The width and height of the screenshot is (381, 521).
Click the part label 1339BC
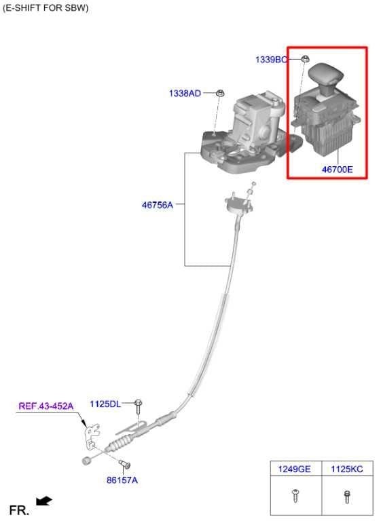tap(271, 60)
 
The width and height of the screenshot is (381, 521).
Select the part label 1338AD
tap(185, 93)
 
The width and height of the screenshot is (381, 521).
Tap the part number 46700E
tap(337, 170)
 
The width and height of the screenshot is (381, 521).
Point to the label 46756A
tap(158, 205)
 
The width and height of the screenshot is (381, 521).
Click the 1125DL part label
tap(105, 404)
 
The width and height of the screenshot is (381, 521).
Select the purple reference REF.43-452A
tap(46, 406)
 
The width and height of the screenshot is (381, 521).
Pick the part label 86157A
tap(122, 480)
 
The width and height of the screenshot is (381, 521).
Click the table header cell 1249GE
tap(294, 469)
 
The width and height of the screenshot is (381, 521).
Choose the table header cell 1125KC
tap(347, 469)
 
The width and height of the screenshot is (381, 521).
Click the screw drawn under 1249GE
tap(295, 496)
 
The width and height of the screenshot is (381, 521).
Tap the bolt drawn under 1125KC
tap(347, 497)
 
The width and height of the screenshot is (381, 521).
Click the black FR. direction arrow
tap(43, 501)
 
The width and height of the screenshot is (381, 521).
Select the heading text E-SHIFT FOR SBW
tap(46, 7)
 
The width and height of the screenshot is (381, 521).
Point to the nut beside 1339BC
tap(305, 59)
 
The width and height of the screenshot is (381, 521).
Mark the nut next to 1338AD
tap(220, 93)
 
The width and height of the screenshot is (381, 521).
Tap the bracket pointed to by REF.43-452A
tap(92, 436)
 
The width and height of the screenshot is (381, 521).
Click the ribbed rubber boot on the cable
tap(122, 443)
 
